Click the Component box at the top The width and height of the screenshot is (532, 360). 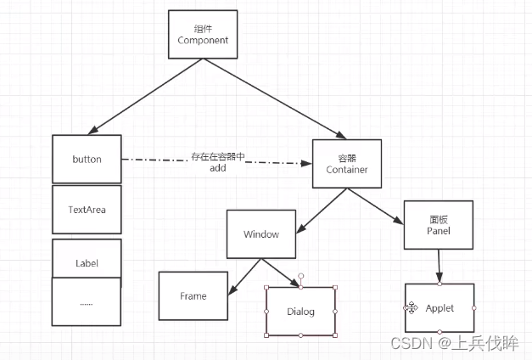pyautogui.click(x=203, y=35)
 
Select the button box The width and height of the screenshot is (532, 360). pyautogui.click(x=87, y=159)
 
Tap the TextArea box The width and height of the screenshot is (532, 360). pyautogui.click(x=87, y=209)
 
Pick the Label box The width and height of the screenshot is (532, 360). pyautogui.click(x=87, y=262)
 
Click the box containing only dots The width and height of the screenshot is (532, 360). pyautogui.click(x=87, y=301)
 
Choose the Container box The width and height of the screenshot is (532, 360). pyautogui.click(x=346, y=164)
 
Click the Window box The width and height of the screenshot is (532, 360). pyautogui.click(x=260, y=234)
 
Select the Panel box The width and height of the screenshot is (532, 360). pyautogui.click(x=438, y=225)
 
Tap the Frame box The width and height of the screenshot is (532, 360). pyautogui.click(x=193, y=295)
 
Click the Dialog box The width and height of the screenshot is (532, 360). pyautogui.click(x=300, y=312)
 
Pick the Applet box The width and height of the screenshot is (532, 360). pyautogui.click(x=439, y=307)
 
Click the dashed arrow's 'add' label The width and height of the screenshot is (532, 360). pyautogui.click(x=217, y=169)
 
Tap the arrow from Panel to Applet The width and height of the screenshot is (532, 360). pyautogui.click(x=439, y=266)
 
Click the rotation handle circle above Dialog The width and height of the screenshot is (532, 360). pyautogui.click(x=300, y=277)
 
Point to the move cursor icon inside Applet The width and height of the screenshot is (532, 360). pyautogui.click(x=412, y=307)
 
